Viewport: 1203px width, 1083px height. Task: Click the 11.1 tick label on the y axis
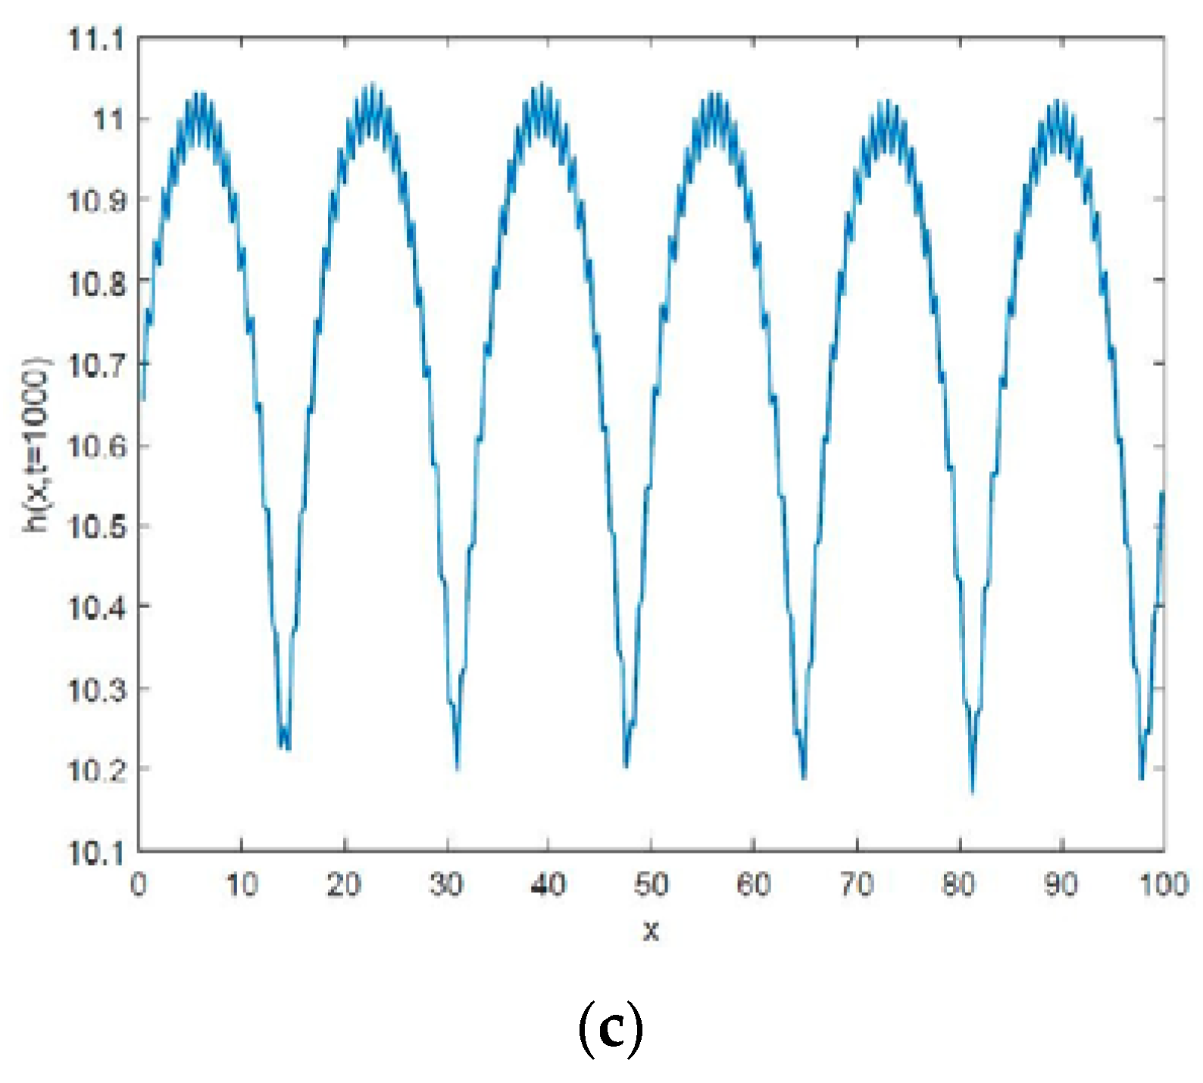(x=95, y=39)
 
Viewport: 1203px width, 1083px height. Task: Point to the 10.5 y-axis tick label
(x=95, y=526)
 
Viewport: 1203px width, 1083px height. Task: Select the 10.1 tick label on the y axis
(x=95, y=853)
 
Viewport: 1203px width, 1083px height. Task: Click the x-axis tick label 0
(x=138, y=885)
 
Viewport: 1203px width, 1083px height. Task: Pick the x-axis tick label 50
(x=651, y=885)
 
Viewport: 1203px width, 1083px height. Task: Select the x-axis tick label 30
(x=446, y=885)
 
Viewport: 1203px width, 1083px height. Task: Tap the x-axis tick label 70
(x=857, y=885)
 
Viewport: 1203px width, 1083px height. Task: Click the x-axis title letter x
(x=651, y=930)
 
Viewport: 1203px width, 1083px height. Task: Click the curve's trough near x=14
(x=284, y=746)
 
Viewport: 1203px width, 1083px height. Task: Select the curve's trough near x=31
(x=458, y=768)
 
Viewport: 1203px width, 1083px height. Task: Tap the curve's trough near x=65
(x=804, y=776)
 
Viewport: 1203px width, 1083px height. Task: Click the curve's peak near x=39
(x=542, y=85)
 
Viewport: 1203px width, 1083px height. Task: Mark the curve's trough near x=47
(x=626, y=765)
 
